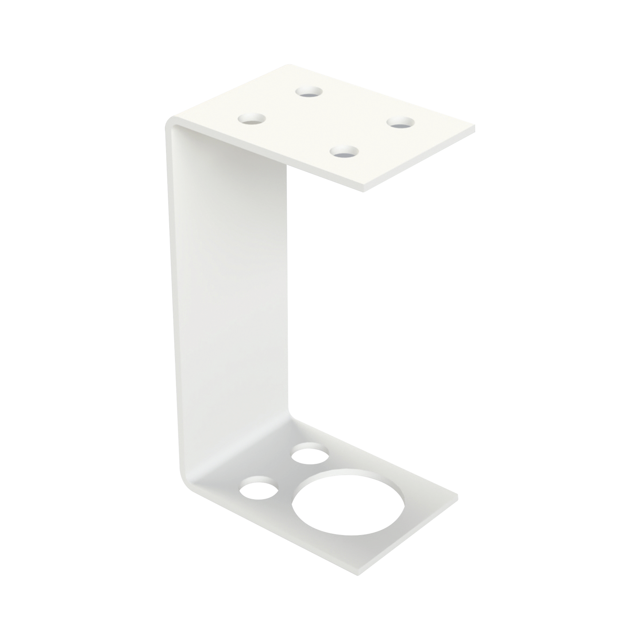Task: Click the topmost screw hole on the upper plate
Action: (x=310, y=92)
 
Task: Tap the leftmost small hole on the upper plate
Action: (x=252, y=119)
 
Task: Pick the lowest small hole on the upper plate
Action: (x=344, y=152)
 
